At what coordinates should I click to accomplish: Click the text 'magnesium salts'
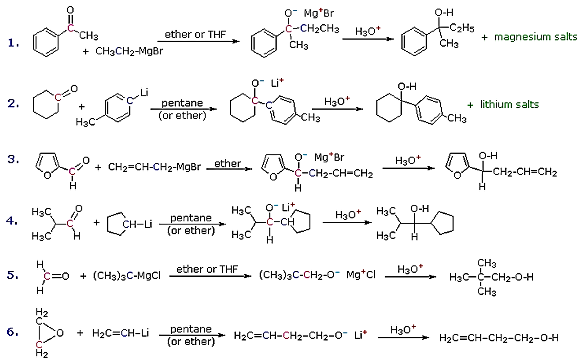[535, 37]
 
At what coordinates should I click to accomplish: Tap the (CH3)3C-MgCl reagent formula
[126, 275]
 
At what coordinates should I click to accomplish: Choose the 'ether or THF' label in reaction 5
[207, 269]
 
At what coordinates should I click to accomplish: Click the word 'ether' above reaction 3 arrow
[228, 163]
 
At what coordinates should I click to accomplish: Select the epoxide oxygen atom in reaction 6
[59, 333]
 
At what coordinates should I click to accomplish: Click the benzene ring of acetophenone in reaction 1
[46, 43]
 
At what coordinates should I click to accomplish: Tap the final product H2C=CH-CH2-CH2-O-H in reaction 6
[498, 337]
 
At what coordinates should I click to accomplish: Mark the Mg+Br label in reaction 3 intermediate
[329, 157]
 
